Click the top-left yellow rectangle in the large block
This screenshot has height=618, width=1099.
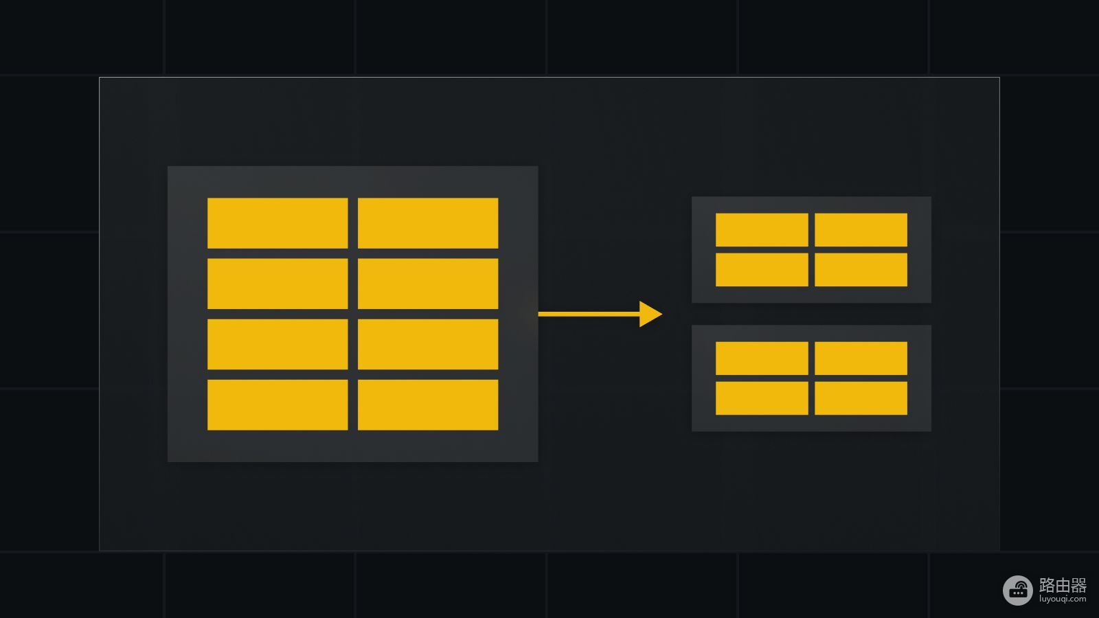pos(277,223)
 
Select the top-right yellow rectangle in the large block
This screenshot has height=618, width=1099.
pos(428,223)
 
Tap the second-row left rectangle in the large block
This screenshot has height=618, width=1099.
pos(277,284)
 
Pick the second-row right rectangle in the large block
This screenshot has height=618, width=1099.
pos(428,284)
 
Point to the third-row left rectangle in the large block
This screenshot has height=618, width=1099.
pos(277,344)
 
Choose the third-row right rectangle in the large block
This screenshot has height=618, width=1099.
pos(428,344)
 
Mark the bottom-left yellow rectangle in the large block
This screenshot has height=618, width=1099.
pos(277,404)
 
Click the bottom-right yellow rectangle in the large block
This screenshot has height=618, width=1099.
pos(428,404)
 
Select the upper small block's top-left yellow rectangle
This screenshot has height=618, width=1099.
pos(762,229)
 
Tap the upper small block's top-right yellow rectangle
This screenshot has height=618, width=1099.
pos(861,229)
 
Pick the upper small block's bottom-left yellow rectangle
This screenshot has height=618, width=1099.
pos(762,270)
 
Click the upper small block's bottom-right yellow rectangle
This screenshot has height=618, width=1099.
pos(861,270)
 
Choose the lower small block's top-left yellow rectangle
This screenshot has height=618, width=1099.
pos(762,358)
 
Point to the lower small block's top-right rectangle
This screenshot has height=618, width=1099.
pos(861,358)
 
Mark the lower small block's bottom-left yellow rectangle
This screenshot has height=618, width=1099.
pos(762,398)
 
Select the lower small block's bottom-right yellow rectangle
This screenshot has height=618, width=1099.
pos(861,398)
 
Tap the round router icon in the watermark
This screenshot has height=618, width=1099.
pos(1018,590)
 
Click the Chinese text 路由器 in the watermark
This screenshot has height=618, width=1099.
pos(1063,585)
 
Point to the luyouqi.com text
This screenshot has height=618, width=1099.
pos(1063,599)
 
